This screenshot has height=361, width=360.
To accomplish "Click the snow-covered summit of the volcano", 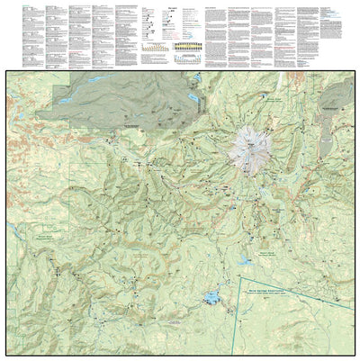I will coord(246,145).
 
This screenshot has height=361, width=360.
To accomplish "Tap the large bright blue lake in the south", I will coord(214,298).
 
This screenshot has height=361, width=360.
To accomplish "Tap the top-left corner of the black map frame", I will coord(7,72).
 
